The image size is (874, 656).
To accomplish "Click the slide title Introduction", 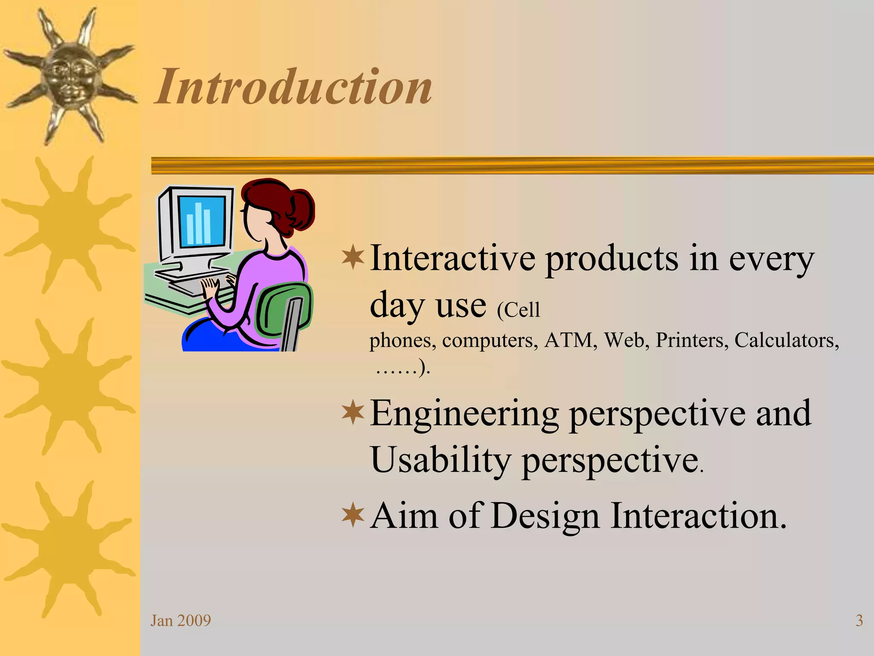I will pyautogui.click(x=294, y=87).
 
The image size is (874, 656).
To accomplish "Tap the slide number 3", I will pyautogui.click(x=859, y=621).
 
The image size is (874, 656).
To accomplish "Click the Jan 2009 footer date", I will pyautogui.click(x=181, y=621).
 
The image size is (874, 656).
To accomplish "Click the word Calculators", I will pyautogui.click(x=786, y=340).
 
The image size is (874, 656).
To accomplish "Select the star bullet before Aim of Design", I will pyautogui.click(x=353, y=515).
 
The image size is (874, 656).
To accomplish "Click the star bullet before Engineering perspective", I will pyautogui.click(x=353, y=413).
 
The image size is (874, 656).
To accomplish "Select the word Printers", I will pyautogui.click(x=692, y=340).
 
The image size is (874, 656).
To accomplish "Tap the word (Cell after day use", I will pyautogui.click(x=519, y=310).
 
